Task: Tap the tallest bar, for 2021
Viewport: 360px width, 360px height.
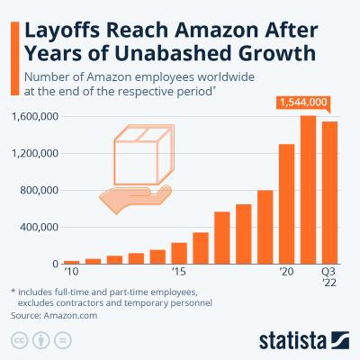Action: (309, 189)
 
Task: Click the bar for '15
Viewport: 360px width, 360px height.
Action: (179, 253)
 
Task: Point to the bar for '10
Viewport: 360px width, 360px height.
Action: (71, 262)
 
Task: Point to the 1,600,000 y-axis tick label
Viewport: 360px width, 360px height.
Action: (36, 117)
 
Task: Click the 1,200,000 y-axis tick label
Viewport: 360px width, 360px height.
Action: (36, 154)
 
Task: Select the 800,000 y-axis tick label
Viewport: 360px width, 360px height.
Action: (40, 191)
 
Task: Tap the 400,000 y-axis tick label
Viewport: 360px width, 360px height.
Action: (40, 228)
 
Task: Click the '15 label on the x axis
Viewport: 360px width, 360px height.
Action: (179, 271)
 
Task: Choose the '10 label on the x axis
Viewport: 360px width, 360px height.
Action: (71, 271)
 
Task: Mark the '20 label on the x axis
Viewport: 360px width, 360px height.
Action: (287, 271)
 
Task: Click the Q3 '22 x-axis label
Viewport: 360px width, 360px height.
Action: (330, 276)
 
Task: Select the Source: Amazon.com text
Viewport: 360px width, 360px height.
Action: (54, 316)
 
